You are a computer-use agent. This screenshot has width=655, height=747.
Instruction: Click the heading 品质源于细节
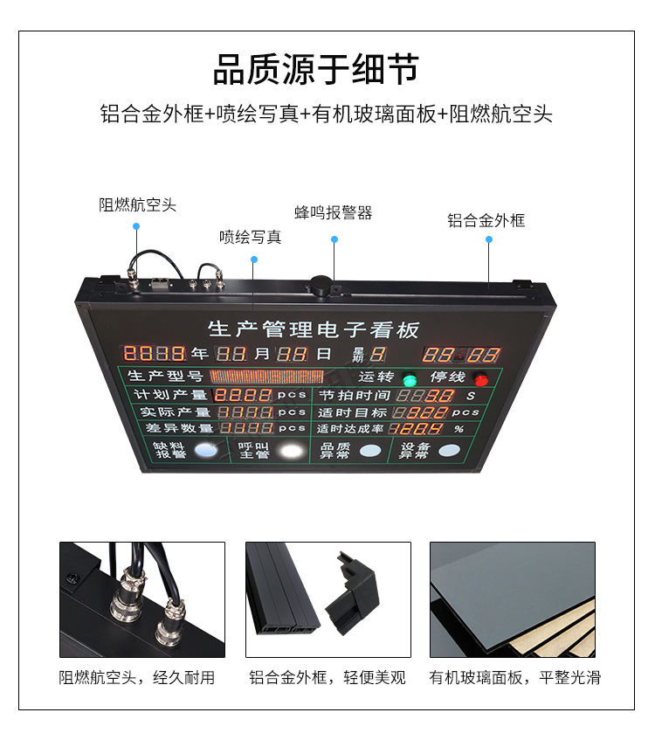tap(315, 70)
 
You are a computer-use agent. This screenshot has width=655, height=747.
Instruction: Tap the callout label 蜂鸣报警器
tap(334, 213)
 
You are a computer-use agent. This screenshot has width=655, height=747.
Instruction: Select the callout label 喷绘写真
tap(251, 237)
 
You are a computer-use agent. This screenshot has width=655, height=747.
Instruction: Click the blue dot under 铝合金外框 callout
tap(489, 239)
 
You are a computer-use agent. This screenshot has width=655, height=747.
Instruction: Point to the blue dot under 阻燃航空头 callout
tap(136, 226)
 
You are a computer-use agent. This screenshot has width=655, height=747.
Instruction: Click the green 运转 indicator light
tap(410, 380)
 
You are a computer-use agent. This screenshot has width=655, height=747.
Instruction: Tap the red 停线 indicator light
tap(481, 380)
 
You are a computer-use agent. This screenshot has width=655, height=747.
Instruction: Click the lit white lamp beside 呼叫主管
tap(292, 451)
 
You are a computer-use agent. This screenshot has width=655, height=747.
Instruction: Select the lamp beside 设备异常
tap(449, 450)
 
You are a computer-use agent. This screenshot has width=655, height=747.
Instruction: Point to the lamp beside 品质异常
tap(370, 450)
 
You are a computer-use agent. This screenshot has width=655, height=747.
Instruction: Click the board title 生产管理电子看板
tap(314, 329)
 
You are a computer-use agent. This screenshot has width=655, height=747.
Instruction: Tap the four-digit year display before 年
tap(155, 353)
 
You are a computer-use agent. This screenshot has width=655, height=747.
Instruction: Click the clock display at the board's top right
tap(461, 355)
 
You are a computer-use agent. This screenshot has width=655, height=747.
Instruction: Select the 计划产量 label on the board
tap(170, 394)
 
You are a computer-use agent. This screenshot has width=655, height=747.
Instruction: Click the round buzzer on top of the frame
tap(321, 285)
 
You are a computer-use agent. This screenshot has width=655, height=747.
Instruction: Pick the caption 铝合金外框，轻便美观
tap(327, 677)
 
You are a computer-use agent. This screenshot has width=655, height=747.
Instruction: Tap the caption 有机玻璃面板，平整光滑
tap(515, 677)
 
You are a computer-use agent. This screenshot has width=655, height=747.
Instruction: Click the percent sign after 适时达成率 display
tap(458, 429)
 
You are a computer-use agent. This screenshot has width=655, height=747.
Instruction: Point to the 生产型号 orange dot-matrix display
tap(266, 377)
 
